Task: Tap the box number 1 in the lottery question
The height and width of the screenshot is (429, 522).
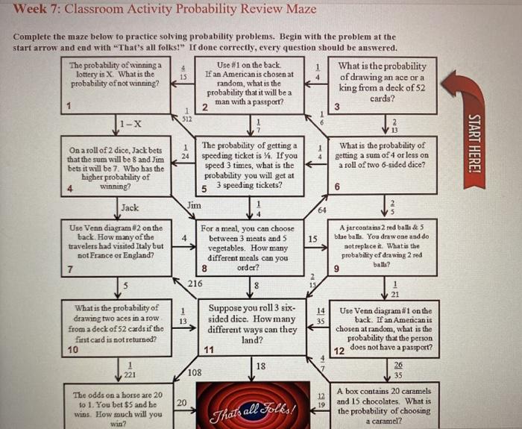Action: pos(69,107)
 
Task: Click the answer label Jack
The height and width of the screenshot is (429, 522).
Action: pos(130,207)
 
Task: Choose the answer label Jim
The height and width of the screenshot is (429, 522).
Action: pos(193,204)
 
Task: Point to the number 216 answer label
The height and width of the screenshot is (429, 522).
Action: pos(195,284)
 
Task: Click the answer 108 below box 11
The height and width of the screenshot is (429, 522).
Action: pos(195,372)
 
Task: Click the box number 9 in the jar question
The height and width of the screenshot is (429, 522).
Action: pos(337,269)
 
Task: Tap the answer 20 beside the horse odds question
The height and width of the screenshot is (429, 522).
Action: pos(181,402)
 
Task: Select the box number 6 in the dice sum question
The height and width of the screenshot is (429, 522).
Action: pos(337,187)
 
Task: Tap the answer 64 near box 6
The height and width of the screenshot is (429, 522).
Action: pos(320,211)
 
